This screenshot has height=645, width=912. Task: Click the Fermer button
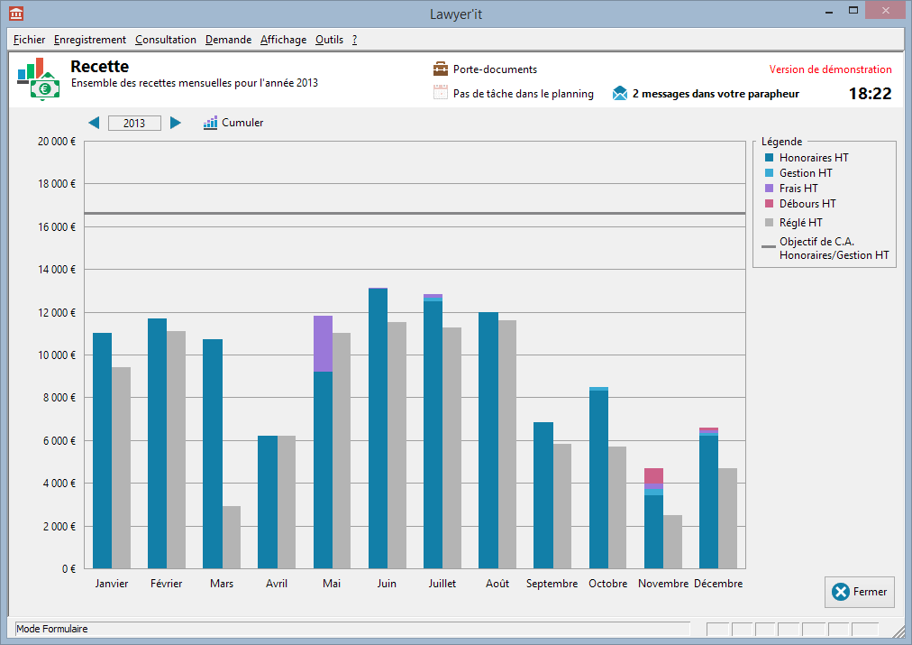859,592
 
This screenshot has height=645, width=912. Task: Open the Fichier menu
30,40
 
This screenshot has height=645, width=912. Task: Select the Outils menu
329,40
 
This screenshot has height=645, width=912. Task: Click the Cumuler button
233,123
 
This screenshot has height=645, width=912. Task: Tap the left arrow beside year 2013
94,123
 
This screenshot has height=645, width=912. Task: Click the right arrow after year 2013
176,123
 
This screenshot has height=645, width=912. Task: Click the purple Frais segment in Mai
323,344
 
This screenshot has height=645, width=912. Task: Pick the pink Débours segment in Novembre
653,475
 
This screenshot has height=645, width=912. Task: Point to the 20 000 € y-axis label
57,142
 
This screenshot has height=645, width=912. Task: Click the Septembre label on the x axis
552,584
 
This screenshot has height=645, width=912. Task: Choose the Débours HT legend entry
807,204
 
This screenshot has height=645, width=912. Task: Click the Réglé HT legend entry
800,222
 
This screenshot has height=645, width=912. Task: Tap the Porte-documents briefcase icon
441,69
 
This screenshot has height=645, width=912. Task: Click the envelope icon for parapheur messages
620,93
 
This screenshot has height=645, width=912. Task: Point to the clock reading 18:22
870,93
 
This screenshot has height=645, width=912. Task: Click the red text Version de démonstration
830,69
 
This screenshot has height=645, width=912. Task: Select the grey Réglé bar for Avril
287,502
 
